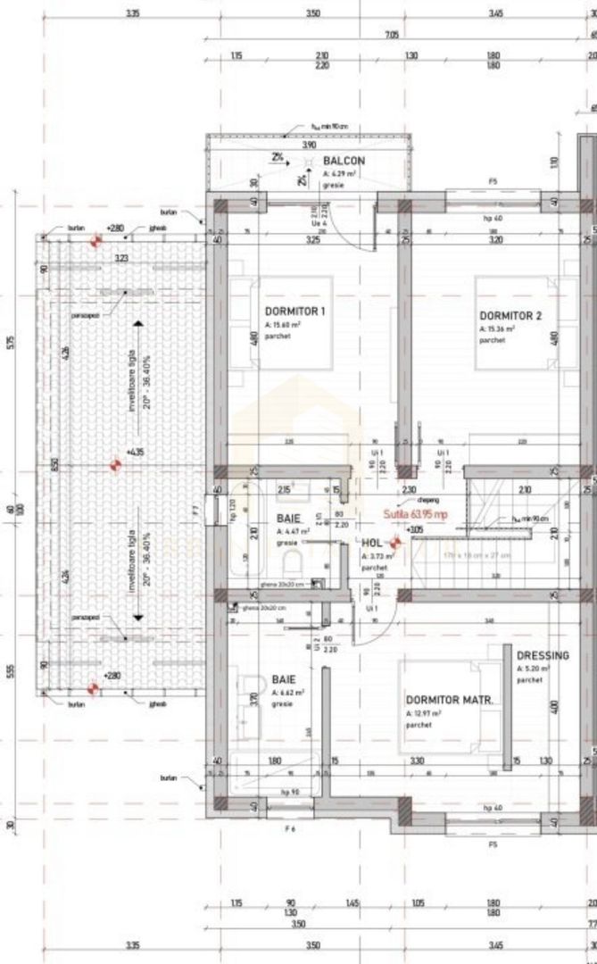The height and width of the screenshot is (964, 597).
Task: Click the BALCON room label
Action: point(344,161)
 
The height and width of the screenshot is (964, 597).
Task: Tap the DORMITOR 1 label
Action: point(294,312)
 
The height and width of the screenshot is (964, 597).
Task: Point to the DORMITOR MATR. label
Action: point(449,701)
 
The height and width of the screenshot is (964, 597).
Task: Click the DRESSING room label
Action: point(542,655)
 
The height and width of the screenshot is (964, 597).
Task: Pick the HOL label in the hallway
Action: point(372,542)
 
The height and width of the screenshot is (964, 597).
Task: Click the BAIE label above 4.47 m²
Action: point(288,519)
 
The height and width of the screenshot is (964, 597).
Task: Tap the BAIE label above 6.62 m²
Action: point(286,679)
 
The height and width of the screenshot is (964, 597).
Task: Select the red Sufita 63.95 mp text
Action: point(415,514)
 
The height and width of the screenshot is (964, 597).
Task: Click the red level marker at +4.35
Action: point(114,465)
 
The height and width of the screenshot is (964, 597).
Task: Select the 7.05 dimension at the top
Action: point(391,35)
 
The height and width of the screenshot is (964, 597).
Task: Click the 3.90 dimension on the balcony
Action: point(309,145)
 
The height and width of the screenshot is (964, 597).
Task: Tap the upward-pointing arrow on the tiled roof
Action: point(138,327)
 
